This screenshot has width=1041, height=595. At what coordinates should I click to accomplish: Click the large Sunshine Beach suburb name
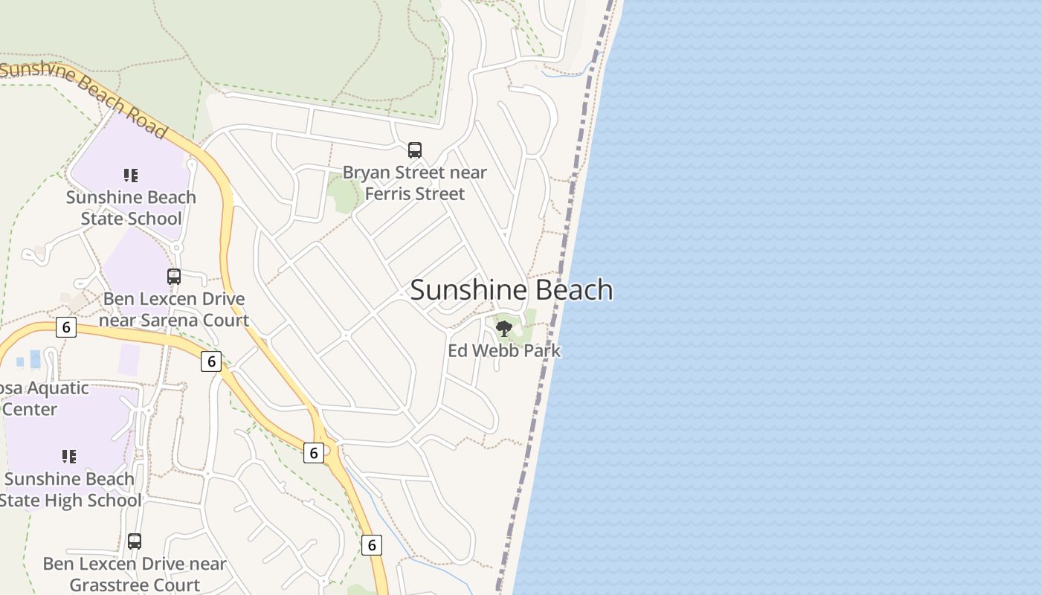[512, 290]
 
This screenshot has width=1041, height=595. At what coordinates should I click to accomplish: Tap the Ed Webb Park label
[504, 350]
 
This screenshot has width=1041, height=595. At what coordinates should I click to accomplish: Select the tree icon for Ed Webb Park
[504, 328]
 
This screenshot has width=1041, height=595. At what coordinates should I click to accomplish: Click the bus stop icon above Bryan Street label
[415, 150]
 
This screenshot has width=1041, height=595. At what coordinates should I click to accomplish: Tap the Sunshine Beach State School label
[131, 208]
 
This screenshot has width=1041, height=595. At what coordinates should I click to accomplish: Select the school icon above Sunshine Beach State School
[131, 176]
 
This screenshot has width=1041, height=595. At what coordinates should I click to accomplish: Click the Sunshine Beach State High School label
[69, 489]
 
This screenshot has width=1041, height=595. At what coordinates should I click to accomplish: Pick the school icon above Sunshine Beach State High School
[69, 457]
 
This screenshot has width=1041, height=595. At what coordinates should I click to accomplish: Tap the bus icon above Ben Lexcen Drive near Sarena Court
[174, 277]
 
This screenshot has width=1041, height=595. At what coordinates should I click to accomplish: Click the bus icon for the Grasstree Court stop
[135, 541]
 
